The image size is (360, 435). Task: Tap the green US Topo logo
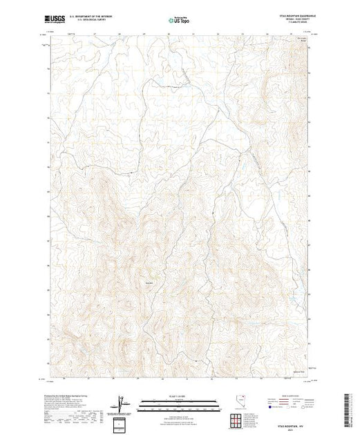tap(180, 21)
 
